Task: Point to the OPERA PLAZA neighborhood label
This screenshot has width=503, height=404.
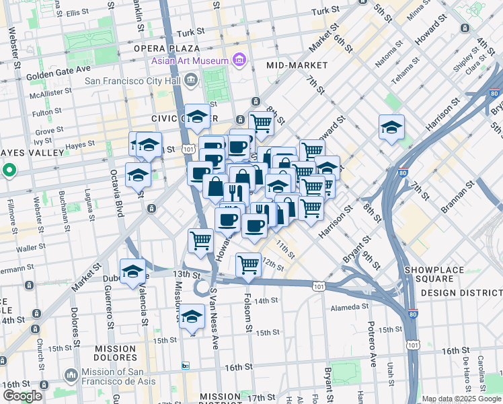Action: pyautogui.click(x=166, y=48)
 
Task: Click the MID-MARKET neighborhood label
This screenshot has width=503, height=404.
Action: pyautogui.click(x=297, y=65)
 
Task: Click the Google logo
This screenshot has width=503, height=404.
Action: pyautogui.click(x=22, y=397)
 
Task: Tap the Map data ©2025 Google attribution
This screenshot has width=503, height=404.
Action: pyautogui.click(x=461, y=399)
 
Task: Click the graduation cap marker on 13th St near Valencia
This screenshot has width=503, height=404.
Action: pyautogui.click(x=133, y=271)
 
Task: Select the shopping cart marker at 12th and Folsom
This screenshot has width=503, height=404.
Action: pyautogui.click(x=249, y=265)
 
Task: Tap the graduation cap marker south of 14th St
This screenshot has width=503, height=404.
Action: pyautogui.click(x=192, y=316)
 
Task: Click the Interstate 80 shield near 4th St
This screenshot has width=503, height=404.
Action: pyautogui.click(x=494, y=94)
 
